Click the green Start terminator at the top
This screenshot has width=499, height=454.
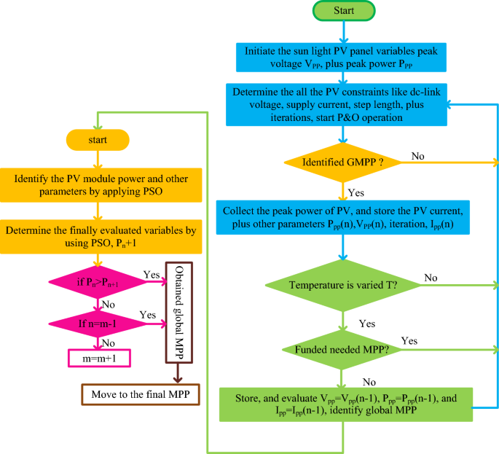(343, 12)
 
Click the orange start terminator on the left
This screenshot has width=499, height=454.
(97, 138)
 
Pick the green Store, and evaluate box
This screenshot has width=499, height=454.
(345, 405)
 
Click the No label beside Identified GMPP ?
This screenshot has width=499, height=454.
(418, 156)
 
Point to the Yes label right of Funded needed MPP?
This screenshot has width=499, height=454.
(409, 340)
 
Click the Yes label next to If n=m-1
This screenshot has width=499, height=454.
(147, 315)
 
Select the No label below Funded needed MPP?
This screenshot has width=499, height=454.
(369, 380)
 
